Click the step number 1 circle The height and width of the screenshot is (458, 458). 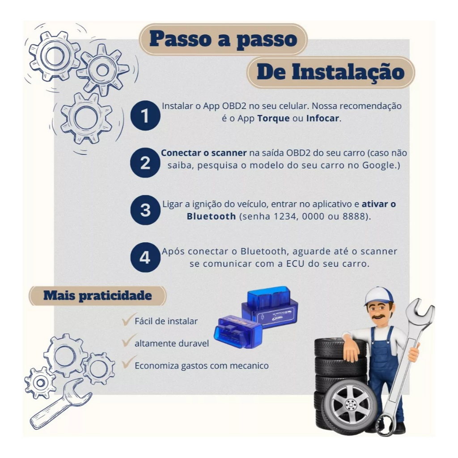(x=145, y=115)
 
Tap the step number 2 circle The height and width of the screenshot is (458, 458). (x=145, y=163)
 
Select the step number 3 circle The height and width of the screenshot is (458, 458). (x=145, y=210)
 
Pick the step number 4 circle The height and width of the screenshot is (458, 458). (x=145, y=257)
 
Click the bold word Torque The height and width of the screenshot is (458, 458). (x=273, y=119)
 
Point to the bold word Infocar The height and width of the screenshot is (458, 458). (x=322, y=118)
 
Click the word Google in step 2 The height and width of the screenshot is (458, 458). (x=378, y=165)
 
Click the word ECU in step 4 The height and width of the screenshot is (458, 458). (x=295, y=264)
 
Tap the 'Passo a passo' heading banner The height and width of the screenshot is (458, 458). (x=223, y=39)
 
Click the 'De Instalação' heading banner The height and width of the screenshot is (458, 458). (x=331, y=72)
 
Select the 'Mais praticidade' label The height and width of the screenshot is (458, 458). (x=98, y=296)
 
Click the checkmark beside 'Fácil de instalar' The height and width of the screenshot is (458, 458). (x=128, y=319)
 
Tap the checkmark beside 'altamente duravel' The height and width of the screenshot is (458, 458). (x=128, y=341)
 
